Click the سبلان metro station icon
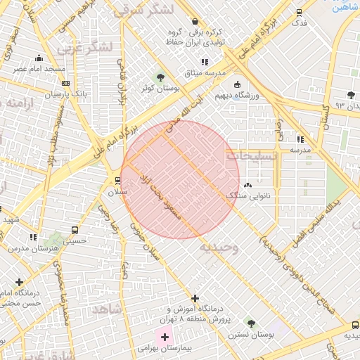coord(117,180)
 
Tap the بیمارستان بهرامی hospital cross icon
coord(165,337)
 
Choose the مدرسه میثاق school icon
coord(205,63)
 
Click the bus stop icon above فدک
coord(299,12)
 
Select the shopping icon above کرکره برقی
coord(195,22)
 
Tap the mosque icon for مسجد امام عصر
coord(39,58)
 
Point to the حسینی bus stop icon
coord(75,230)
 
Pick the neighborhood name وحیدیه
coord(219,247)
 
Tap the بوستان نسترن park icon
coord(251,323)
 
